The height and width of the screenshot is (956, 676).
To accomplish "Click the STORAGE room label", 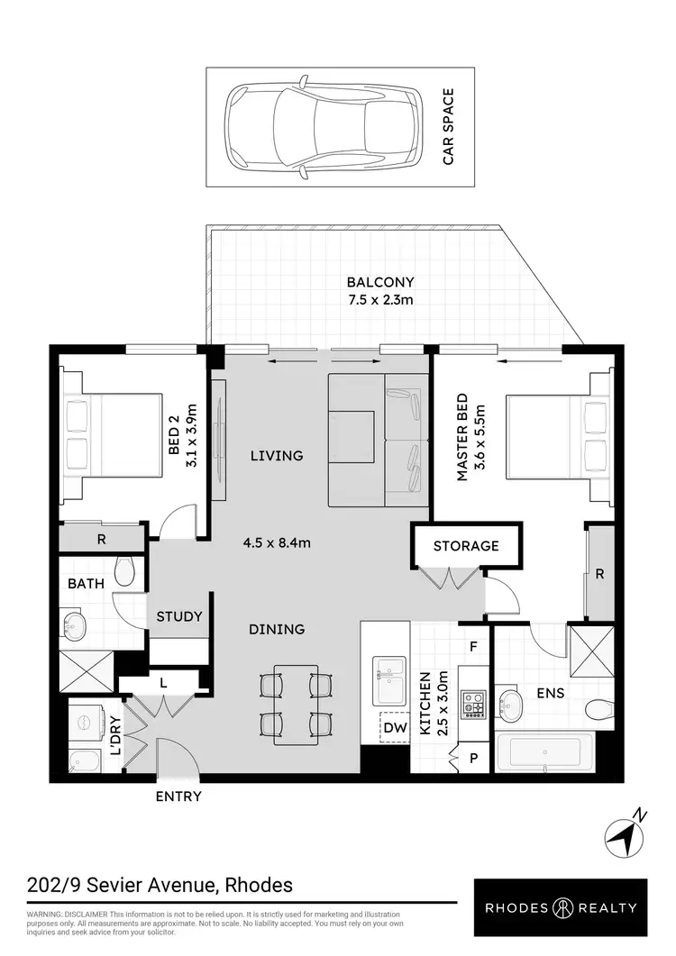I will point(465,546).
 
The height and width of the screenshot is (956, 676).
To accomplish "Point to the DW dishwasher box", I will point(395,727).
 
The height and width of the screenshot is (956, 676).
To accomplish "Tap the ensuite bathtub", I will point(544,751).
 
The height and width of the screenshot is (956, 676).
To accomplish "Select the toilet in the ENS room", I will point(598,711).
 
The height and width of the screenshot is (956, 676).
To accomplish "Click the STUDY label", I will point(179,617).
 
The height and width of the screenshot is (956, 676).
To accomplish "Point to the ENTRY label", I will point(178,797).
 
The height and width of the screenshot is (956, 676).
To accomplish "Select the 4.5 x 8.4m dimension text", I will point(277,543).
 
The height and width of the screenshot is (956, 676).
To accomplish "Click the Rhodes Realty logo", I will point(562,908).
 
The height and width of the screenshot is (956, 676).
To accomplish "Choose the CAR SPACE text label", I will point(447,127).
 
